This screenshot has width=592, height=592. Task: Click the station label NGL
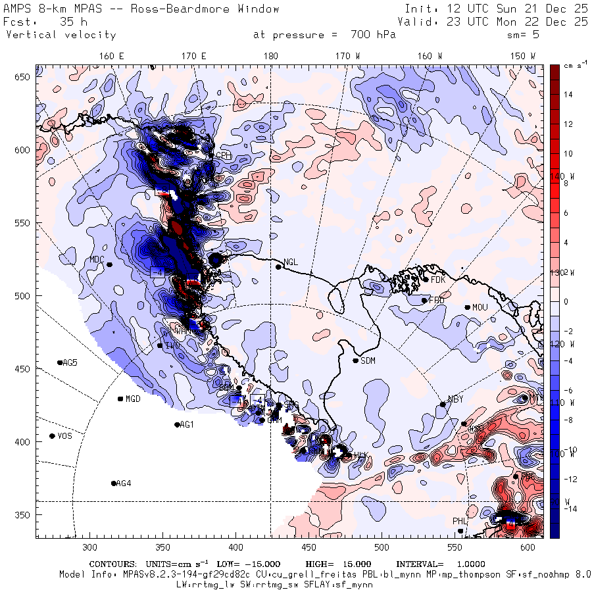pos(291,262)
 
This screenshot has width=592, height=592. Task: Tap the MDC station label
pos(97,259)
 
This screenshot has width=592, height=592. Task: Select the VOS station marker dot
pos(52,436)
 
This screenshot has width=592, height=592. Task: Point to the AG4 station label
pos(123,483)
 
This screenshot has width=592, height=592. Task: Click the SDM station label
pos(369,360)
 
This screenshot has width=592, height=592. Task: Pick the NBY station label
pos(455,399)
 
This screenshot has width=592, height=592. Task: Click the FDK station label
pos(438,280)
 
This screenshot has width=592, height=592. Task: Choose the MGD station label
pos(133,399)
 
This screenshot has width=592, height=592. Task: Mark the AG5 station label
pos(70,362)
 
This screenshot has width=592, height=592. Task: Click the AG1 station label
pos(187,425)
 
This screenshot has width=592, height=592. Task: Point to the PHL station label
pos(459,522)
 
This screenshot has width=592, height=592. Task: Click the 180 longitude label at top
pos(270,57)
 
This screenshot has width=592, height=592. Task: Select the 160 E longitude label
pos(112,57)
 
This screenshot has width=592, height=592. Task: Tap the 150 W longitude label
pos(524,57)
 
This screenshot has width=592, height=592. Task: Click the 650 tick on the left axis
pos(24,78)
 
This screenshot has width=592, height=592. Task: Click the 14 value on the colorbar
pos(567,95)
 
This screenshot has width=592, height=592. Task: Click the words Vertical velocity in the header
pos(61,35)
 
